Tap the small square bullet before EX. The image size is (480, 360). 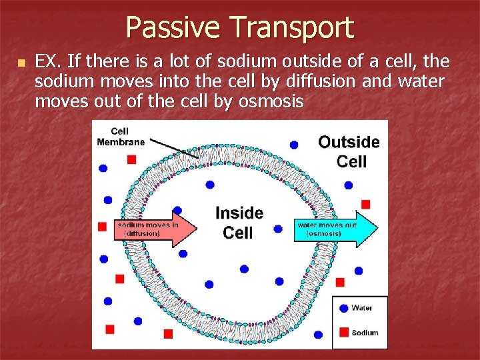[21, 63]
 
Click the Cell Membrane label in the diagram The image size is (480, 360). [120, 136]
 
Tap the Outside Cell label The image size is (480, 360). [349, 151]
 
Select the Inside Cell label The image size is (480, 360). [239, 222]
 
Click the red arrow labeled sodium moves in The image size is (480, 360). [156, 229]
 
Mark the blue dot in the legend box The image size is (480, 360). [344, 308]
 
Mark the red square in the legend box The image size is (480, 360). [344, 331]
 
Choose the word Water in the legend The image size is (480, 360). [362, 308]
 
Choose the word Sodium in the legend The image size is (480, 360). [365, 332]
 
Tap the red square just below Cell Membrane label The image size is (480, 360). [131, 159]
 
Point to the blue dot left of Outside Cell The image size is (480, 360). [293, 144]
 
